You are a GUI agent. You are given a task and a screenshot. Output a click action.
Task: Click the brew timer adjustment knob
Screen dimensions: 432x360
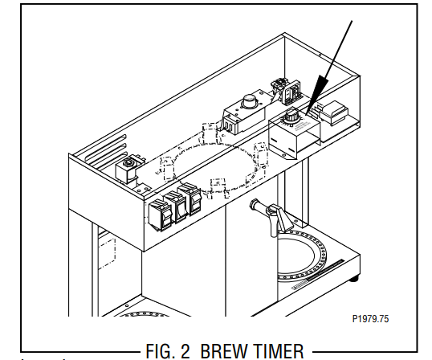coord(291,116)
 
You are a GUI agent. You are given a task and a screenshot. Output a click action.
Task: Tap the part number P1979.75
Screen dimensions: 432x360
coord(370,319)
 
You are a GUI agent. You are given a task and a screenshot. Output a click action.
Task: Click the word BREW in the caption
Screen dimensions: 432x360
coord(225,351)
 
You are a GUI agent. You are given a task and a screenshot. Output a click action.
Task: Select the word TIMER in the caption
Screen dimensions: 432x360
coord(279,351)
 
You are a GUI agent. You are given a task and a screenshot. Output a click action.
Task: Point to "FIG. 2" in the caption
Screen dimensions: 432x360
coord(168,351)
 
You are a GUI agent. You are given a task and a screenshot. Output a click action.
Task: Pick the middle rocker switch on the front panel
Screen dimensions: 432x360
coord(176,207)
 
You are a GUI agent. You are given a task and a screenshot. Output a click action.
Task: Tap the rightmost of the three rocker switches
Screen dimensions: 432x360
coord(190,198)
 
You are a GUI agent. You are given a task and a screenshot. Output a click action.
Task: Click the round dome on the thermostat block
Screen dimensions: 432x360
coord(250,101)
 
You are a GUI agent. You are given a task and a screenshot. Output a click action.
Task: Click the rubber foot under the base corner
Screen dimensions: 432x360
coord(354,279)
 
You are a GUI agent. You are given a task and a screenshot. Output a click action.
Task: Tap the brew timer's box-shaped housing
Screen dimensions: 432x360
coord(294,135)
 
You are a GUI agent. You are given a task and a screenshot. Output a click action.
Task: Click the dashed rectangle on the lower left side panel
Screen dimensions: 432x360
coord(107,253)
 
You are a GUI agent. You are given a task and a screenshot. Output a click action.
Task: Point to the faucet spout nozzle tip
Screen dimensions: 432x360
coord(253,205)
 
